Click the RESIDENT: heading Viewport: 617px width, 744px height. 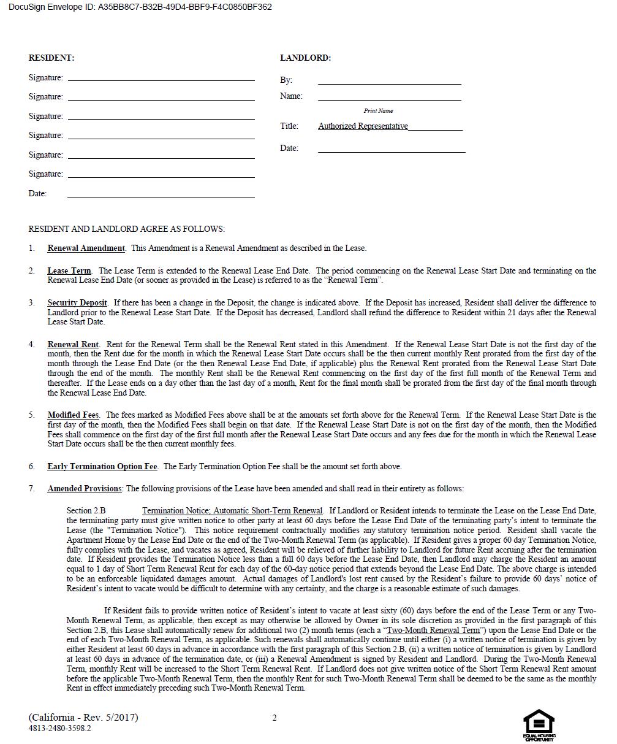click(x=51, y=58)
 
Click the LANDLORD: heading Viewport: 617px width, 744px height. click(x=305, y=58)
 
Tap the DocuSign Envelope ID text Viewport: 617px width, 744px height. click(x=140, y=7)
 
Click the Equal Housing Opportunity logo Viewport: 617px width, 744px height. click(x=539, y=726)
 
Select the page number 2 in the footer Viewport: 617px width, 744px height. click(x=274, y=718)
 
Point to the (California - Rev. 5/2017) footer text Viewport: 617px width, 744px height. click(x=83, y=717)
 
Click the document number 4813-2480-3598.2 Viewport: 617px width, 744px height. click(x=59, y=728)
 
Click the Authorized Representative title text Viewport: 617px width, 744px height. click(x=363, y=126)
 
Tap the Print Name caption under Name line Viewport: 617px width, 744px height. click(x=378, y=111)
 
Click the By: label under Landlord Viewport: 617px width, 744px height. click(x=286, y=80)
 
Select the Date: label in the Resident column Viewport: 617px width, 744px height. click(x=37, y=193)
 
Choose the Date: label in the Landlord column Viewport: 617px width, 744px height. click(x=289, y=148)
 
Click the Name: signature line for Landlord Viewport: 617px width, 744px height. click(x=389, y=99)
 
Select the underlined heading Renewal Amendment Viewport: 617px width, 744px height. click(x=86, y=248)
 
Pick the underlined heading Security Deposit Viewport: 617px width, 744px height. click(x=77, y=302)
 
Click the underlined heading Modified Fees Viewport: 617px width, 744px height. click(x=74, y=415)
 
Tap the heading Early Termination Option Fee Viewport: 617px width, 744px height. click(x=102, y=466)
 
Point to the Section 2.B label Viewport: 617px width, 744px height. click(x=86, y=510)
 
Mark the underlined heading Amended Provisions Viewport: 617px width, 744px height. click(x=85, y=488)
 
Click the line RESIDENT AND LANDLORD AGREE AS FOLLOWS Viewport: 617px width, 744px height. click(x=126, y=229)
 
